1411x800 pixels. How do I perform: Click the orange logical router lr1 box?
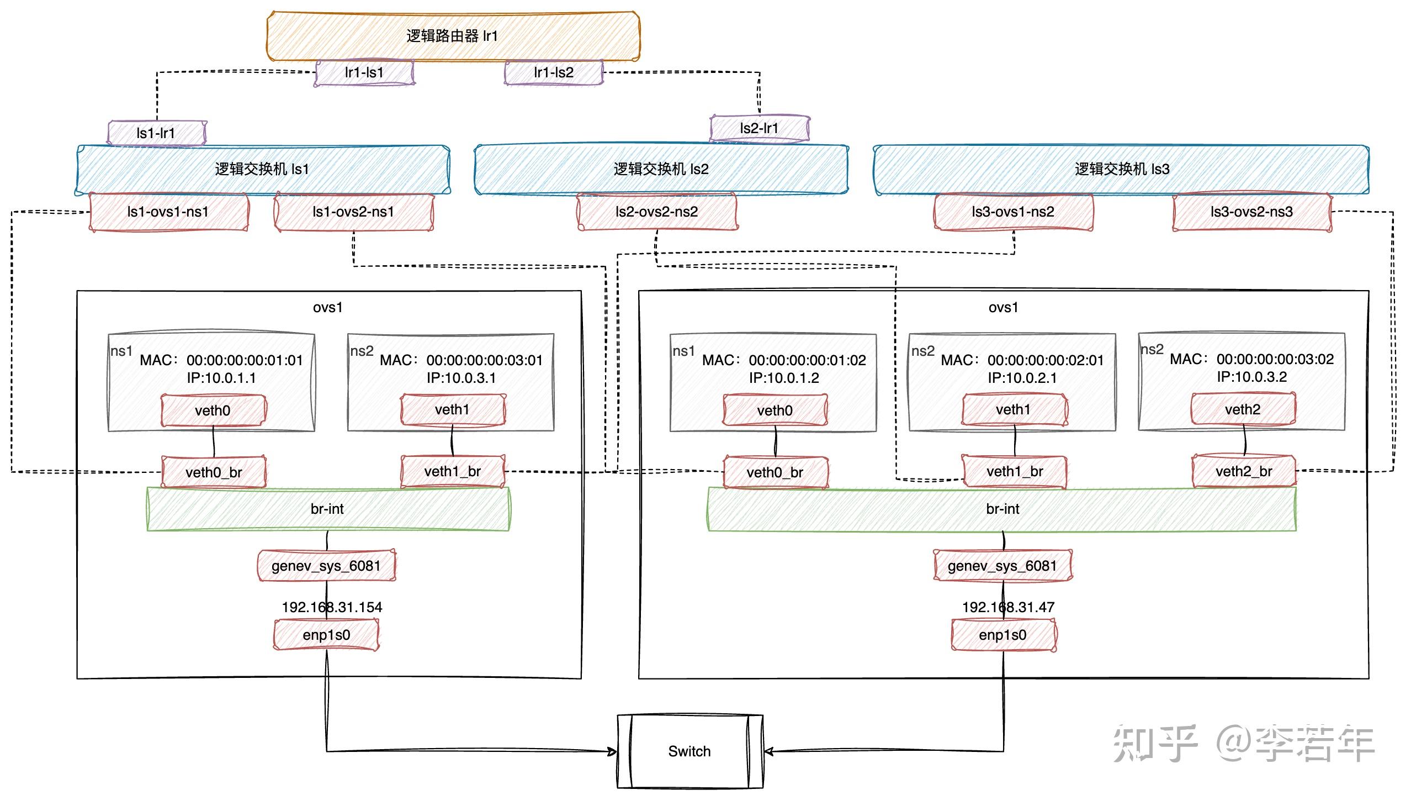point(453,36)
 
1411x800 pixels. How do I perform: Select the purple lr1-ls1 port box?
point(364,73)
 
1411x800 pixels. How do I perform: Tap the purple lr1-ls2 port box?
point(553,73)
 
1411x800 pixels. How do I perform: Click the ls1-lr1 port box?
point(156,133)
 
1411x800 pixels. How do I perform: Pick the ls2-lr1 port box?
point(759,128)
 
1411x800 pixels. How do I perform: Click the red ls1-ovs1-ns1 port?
point(168,212)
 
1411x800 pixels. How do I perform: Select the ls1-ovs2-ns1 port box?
point(353,212)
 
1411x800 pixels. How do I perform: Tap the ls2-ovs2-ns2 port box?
point(656,212)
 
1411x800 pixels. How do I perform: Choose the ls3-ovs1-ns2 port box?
point(1013,212)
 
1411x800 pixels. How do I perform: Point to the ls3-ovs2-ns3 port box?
point(1251,212)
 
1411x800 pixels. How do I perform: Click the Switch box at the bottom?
point(689,751)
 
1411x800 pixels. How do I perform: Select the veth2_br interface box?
point(1243,471)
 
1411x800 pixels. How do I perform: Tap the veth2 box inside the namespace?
point(1243,409)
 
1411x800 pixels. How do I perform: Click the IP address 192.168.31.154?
point(332,607)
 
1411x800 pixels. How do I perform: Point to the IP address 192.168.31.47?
point(1008,607)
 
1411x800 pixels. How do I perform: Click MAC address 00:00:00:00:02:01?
point(1045,360)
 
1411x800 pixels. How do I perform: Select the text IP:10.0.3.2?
point(1251,377)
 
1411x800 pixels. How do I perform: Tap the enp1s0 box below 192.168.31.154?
point(326,635)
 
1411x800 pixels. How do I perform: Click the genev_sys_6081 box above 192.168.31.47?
point(1002,566)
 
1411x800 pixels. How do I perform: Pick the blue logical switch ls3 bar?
point(1121,169)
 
